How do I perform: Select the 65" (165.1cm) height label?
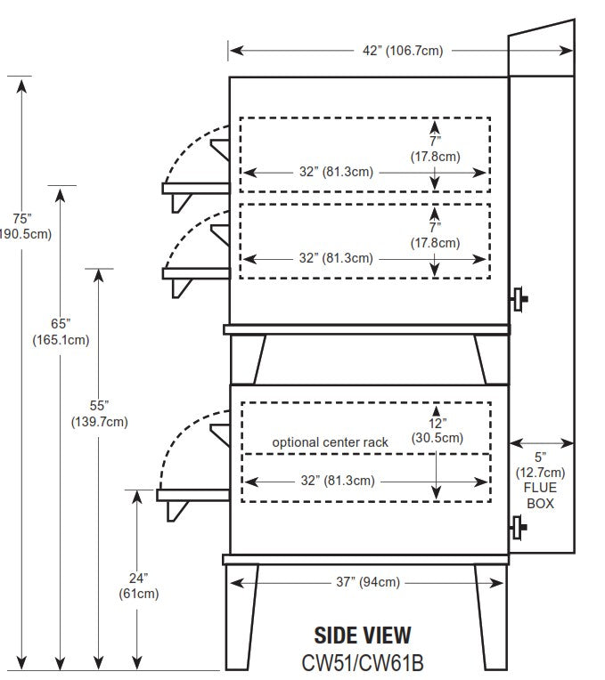click(61, 330)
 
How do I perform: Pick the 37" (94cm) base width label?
click(367, 583)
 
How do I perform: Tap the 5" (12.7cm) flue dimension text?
click(540, 465)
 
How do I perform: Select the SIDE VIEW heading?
click(363, 635)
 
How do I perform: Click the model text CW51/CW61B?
click(363, 661)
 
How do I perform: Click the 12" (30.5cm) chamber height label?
click(437, 431)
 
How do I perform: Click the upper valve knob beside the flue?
click(517, 300)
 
